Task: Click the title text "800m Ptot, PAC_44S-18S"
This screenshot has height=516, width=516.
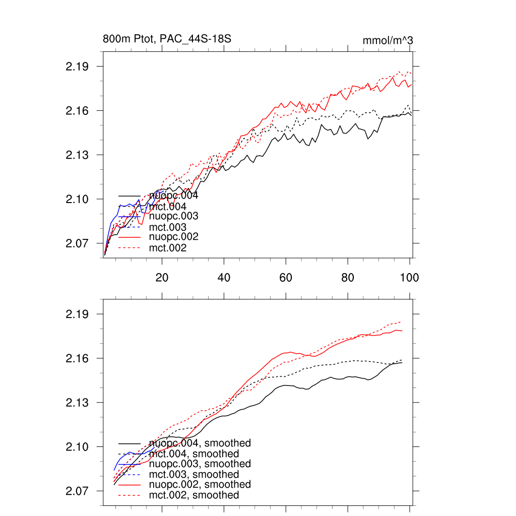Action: pos(167,39)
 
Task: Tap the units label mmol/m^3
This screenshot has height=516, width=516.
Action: pos(388,40)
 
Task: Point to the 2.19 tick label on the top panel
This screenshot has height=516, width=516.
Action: pos(77,67)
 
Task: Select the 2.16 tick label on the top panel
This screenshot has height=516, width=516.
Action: pos(77,111)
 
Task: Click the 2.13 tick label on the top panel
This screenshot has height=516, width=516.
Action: pos(77,155)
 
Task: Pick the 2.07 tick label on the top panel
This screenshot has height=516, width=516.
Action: pos(77,243)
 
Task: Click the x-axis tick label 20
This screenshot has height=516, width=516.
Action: pos(162,277)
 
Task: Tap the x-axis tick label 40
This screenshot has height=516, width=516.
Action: pos(224,277)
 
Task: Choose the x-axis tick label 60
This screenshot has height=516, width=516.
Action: pos(286,277)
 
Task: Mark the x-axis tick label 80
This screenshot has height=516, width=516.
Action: pos(348,277)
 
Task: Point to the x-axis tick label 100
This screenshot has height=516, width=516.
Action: pos(409,277)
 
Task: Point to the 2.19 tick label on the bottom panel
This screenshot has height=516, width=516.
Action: pos(77,314)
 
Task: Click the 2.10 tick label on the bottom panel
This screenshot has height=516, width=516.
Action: pos(77,447)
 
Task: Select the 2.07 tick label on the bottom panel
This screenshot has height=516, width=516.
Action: pos(77,491)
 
